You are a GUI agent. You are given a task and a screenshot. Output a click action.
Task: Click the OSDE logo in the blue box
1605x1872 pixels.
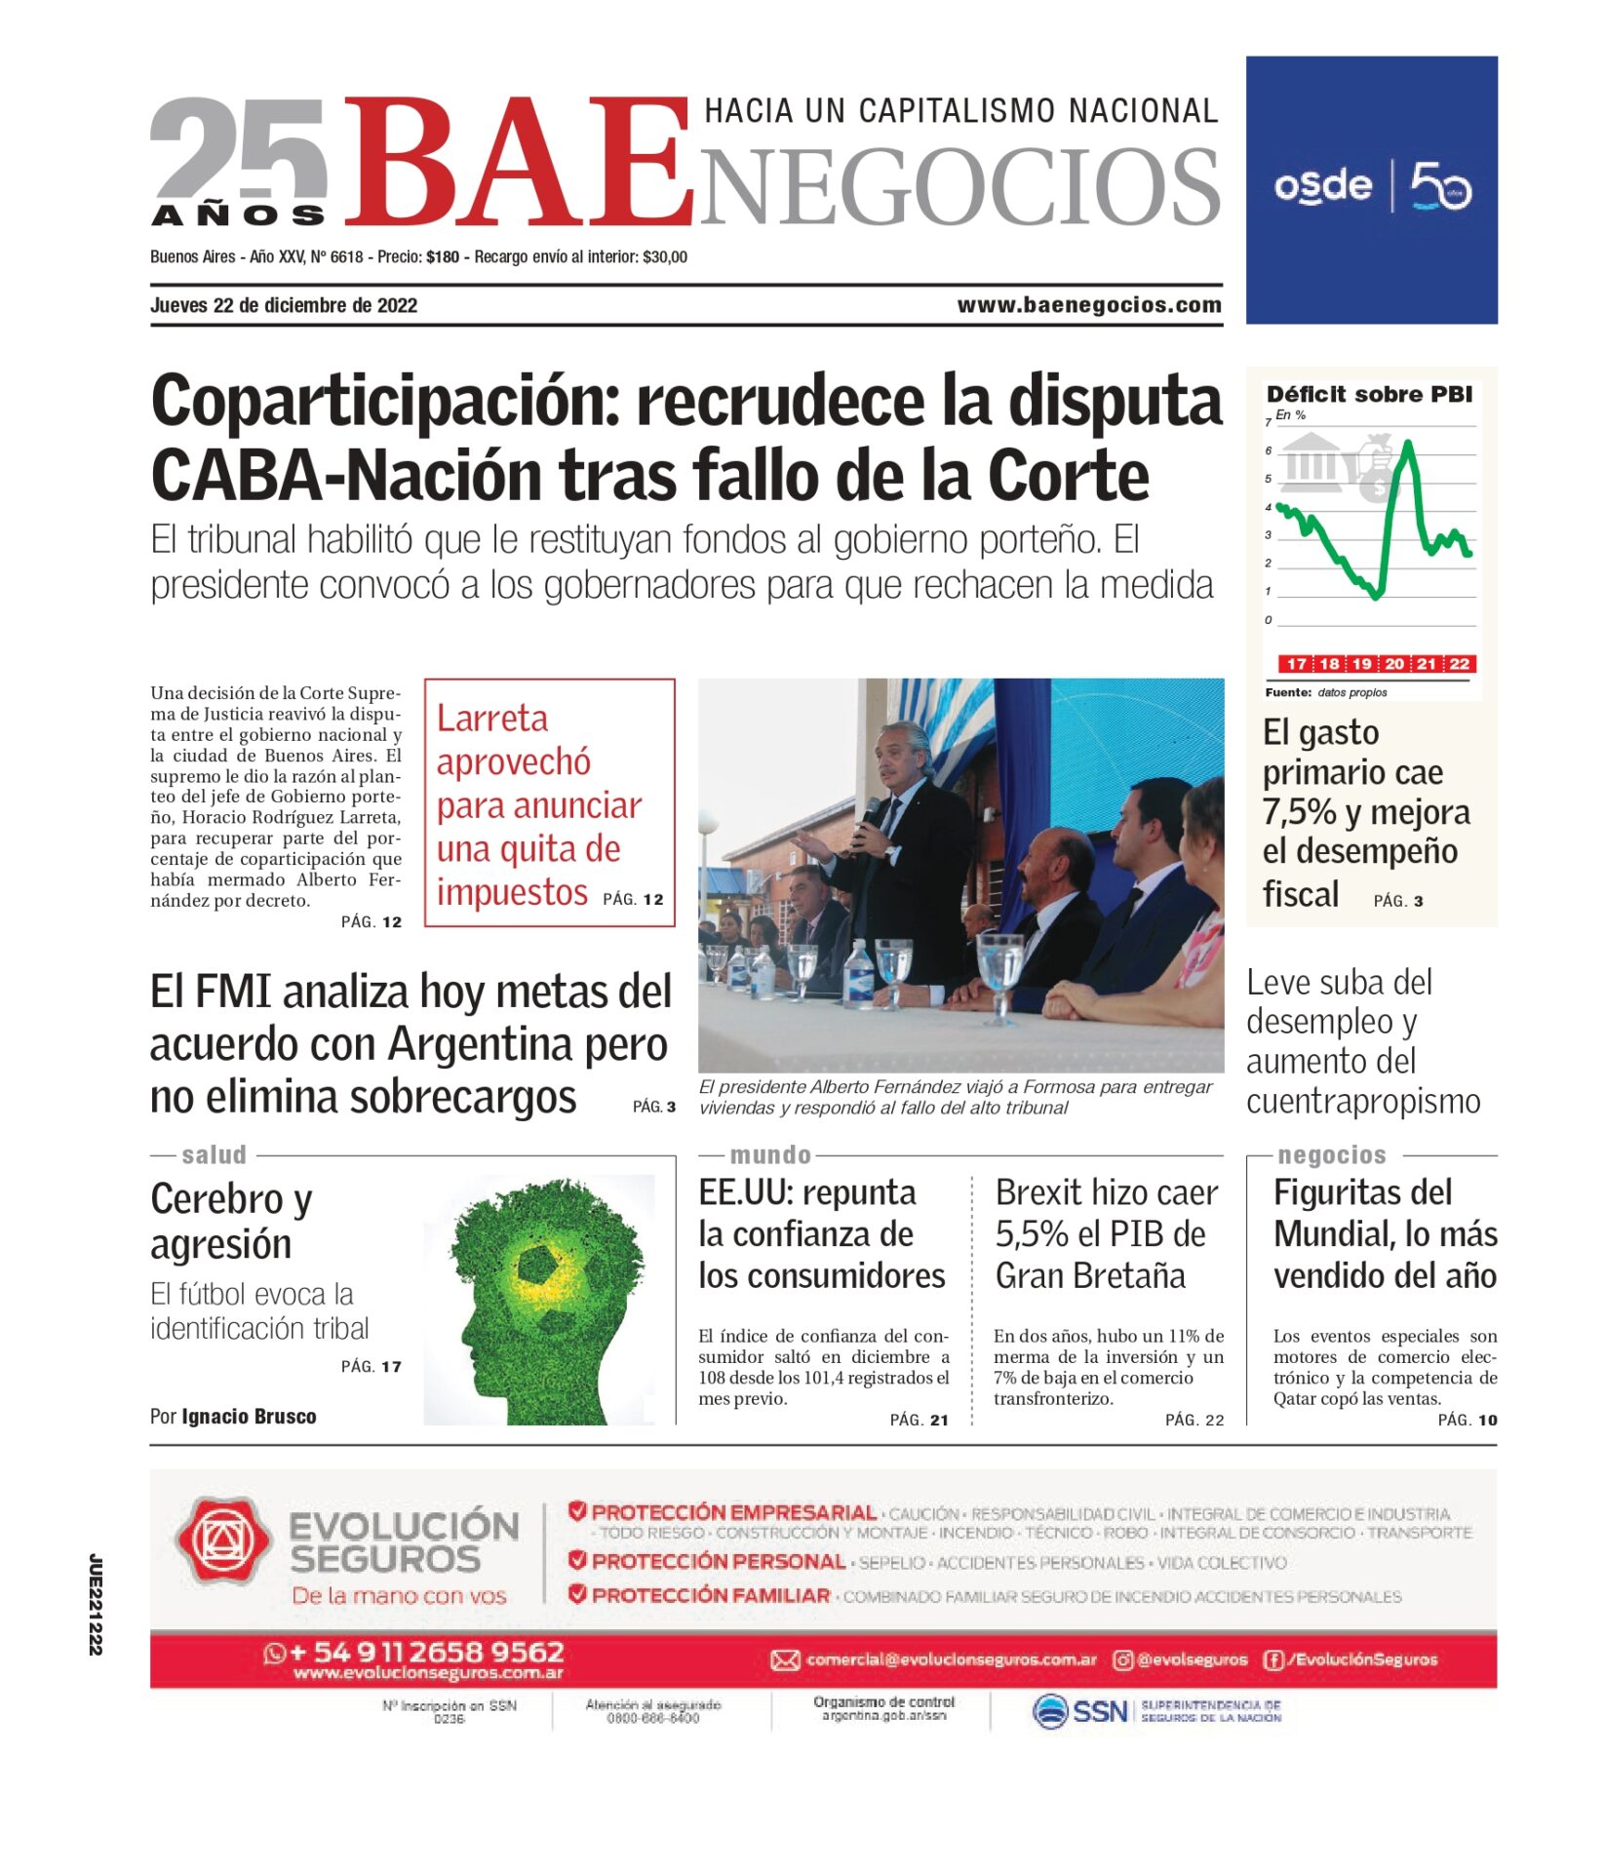click(1322, 185)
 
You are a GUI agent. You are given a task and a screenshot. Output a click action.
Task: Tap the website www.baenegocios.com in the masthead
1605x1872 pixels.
click(1088, 305)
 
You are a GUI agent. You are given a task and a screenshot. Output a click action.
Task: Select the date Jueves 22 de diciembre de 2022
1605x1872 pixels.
click(283, 305)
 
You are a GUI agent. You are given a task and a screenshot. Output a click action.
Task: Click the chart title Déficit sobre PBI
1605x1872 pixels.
click(1368, 394)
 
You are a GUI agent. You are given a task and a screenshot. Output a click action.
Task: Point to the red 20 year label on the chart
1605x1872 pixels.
click(1394, 664)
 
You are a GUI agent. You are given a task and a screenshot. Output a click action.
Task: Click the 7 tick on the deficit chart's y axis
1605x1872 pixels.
click(1268, 422)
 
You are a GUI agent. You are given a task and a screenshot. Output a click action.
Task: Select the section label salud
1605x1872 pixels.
click(214, 1154)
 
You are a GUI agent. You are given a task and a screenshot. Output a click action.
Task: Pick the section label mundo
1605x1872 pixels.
click(770, 1154)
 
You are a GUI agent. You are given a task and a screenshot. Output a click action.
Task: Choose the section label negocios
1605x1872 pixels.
click(1331, 1154)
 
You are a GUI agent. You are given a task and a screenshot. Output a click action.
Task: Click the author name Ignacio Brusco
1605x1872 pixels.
click(249, 1416)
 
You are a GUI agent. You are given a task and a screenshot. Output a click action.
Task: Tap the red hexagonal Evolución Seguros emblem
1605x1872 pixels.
click(222, 1541)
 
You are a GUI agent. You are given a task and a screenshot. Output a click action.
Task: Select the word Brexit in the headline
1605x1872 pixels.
click(1037, 1192)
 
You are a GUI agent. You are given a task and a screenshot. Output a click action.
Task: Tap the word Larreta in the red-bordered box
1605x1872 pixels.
click(491, 719)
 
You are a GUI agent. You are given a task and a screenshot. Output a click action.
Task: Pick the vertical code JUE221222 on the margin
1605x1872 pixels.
click(95, 1604)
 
